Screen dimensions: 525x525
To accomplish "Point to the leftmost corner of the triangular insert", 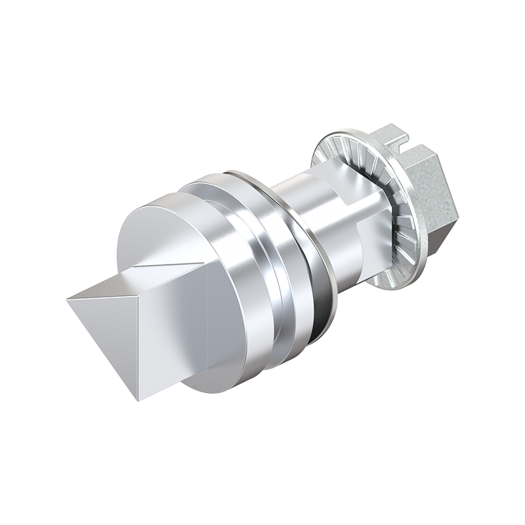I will click(68, 300).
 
